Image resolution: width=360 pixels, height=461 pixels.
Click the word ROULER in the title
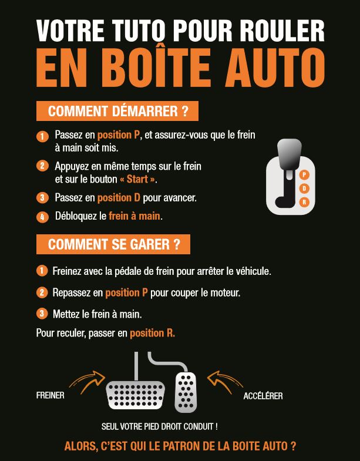tap(281, 31)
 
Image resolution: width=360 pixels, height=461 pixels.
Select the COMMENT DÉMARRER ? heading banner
tap(117, 111)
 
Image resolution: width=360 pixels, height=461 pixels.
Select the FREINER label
tap(50, 396)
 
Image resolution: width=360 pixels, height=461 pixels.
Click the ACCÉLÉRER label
tap(263, 396)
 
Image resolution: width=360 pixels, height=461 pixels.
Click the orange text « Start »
tap(137, 179)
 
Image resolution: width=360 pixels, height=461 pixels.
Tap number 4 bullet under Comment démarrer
tap(42, 217)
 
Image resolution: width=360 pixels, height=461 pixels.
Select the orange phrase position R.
tap(152, 333)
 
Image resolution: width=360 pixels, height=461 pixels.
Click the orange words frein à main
tap(134, 216)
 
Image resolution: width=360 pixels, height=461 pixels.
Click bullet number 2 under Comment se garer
tap(42, 292)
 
